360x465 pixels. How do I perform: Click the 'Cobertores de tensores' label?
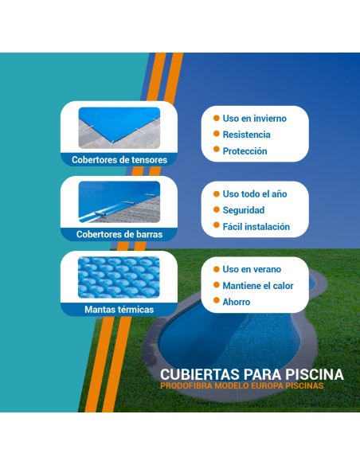point(119,159)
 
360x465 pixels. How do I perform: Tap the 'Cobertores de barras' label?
point(119,234)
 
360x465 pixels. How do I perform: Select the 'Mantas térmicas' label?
point(119,309)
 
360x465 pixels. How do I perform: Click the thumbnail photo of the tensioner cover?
point(119,128)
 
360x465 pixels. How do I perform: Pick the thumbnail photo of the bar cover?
point(119,203)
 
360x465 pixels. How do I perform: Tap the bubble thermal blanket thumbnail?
point(119,277)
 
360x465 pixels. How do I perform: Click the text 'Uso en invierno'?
point(254,119)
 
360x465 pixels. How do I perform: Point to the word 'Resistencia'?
point(246,135)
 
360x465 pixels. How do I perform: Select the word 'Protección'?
point(245,151)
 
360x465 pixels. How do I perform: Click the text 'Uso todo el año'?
point(254,193)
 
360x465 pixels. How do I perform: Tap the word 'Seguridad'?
point(244,210)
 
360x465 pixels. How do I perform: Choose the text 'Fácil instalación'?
point(256,227)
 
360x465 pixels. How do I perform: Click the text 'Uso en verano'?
point(252,269)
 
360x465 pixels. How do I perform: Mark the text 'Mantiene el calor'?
point(258,286)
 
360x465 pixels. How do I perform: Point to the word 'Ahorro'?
point(236,302)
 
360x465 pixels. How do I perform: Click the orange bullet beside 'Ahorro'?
point(215,302)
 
